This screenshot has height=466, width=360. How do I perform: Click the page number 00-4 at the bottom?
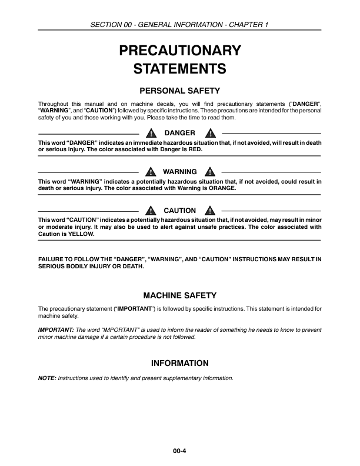[x=179, y=451]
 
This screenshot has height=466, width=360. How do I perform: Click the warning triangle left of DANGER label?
[x=151, y=133]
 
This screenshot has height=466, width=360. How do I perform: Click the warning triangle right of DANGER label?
[x=209, y=133]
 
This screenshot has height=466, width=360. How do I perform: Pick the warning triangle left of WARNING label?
[x=151, y=172]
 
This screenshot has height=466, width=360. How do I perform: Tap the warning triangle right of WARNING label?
[x=209, y=172]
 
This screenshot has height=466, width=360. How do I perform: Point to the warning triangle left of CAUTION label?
[x=151, y=211]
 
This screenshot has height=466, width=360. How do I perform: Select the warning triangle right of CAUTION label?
[x=209, y=211]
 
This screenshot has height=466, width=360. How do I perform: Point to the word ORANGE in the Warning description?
[x=219, y=188]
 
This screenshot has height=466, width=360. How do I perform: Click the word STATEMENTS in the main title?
[x=179, y=69]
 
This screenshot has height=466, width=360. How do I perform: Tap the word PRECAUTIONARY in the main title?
[x=179, y=50]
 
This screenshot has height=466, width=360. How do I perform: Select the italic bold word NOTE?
[x=47, y=378]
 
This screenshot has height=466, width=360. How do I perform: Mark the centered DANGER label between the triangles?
[x=179, y=133]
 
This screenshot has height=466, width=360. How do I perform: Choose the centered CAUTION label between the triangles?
[x=179, y=211]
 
